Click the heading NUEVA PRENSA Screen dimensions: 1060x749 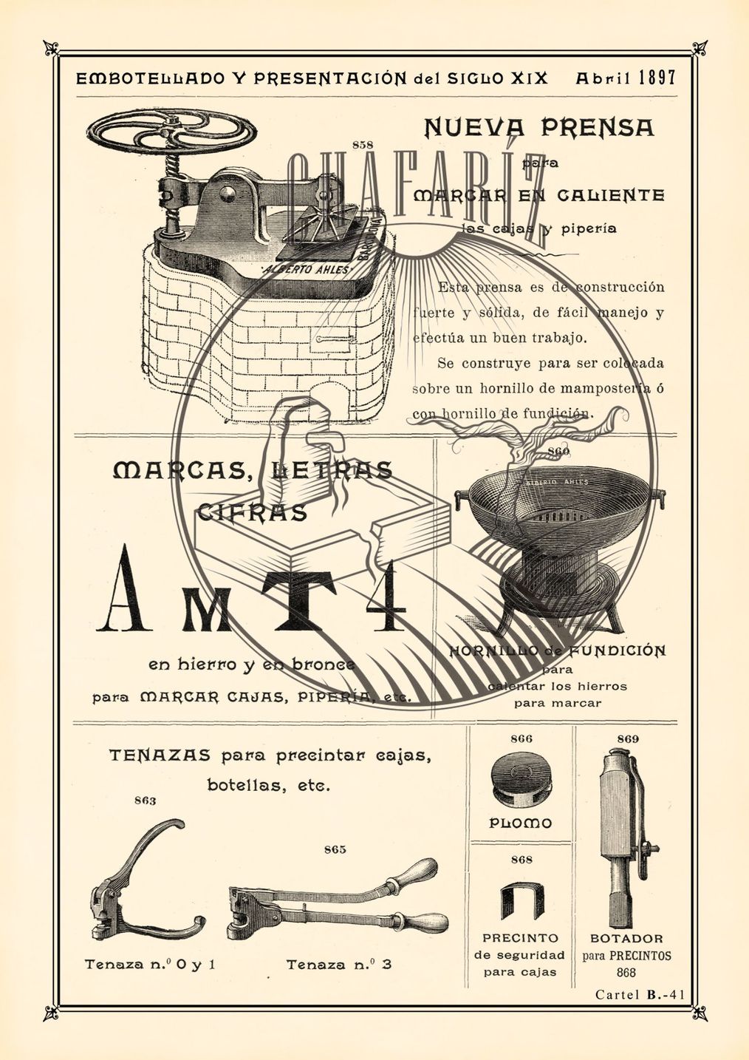(x=539, y=128)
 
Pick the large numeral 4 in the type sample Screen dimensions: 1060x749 (x=380, y=596)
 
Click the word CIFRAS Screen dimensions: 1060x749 (x=252, y=512)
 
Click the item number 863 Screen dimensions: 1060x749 (x=145, y=801)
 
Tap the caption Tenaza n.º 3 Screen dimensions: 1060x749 (x=338, y=964)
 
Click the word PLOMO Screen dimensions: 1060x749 (x=521, y=823)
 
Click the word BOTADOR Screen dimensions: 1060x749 (x=626, y=939)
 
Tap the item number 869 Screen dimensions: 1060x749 (x=627, y=738)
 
